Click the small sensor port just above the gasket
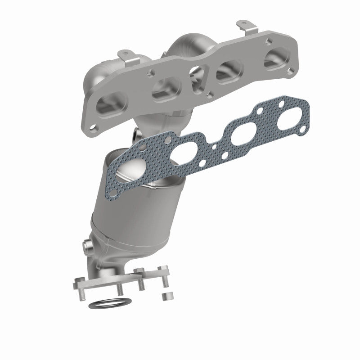tap(136, 133)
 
